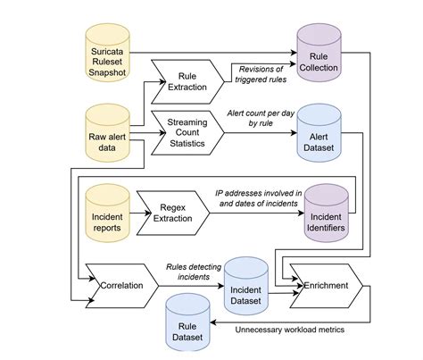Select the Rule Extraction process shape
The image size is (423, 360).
point(187,82)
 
